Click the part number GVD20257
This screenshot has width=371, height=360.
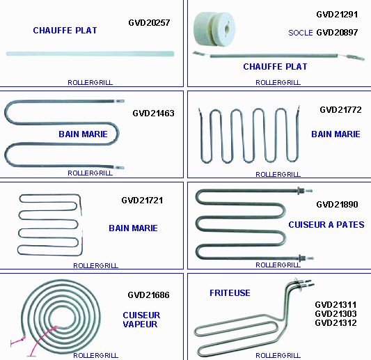point(149,23)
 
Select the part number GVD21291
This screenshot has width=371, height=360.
point(337,15)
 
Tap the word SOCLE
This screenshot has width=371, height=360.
point(301,33)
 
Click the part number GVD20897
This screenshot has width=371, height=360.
point(337,33)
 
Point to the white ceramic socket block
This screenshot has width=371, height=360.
point(214,29)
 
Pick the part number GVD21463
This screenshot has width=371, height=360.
point(153,113)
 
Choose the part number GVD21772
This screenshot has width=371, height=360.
point(340,110)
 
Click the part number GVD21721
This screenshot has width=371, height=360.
point(142,201)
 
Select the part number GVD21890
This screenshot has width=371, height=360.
point(337,205)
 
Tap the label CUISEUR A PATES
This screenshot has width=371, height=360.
point(326,225)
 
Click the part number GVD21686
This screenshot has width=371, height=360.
point(148,295)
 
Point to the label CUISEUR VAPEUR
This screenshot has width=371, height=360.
point(141,320)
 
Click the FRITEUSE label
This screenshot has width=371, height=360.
point(230,293)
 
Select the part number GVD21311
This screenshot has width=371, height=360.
point(336,304)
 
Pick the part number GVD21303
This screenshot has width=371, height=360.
point(336,313)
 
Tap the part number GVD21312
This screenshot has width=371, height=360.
point(336,322)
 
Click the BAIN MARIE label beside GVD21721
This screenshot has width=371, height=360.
point(133,228)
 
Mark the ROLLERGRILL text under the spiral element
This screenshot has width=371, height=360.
point(95,355)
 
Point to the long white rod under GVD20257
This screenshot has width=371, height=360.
point(90,54)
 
